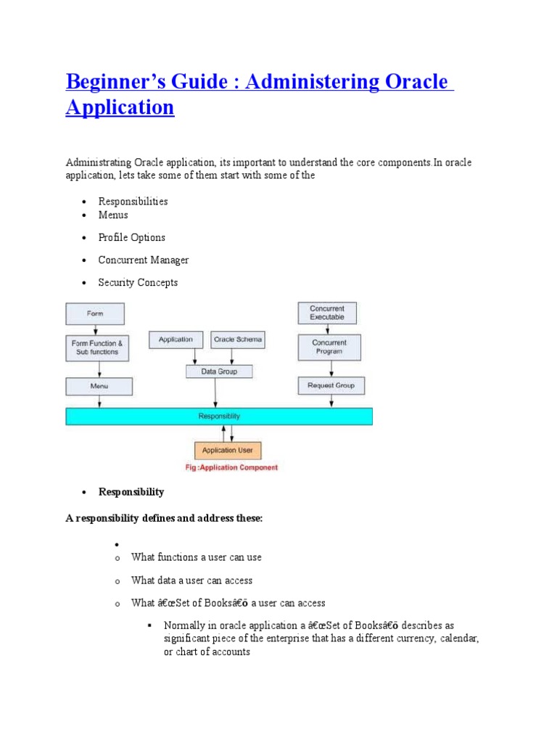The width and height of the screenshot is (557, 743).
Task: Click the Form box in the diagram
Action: tap(95, 313)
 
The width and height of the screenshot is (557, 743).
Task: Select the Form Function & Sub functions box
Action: tap(95, 348)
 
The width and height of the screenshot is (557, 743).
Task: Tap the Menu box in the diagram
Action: tap(99, 386)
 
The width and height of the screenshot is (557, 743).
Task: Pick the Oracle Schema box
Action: tap(237, 340)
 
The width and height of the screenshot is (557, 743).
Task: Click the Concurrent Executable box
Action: tap(327, 313)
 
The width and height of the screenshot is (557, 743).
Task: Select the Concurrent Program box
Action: tap(329, 347)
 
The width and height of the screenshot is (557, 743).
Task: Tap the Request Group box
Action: tap(331, 386)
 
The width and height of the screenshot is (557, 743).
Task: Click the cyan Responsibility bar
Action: tap(219, 416)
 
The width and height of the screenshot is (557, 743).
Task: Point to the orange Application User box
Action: tap(228, 451)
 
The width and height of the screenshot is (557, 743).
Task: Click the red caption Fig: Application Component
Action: tap(231, 468)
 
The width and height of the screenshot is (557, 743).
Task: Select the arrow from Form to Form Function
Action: tap(95, 329)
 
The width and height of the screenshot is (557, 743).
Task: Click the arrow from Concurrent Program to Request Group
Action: tap(329, 369)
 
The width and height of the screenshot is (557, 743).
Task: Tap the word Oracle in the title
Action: tap(415, 82)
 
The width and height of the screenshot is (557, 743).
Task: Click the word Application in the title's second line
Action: tap(120, 108)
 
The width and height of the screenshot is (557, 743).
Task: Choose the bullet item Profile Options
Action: tap(132, 238)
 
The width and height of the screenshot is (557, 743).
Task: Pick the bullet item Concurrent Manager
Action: tap(144, 260)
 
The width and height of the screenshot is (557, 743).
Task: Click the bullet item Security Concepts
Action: tap(138, 283)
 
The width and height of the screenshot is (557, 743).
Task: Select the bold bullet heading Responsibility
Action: tap(131, 492)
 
